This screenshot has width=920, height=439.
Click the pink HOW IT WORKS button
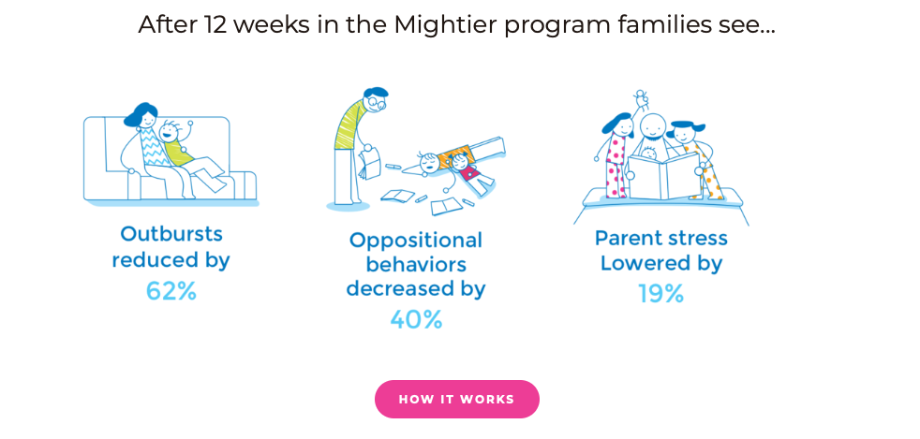click(456, 399)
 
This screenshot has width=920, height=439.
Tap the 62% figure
click(171, 291)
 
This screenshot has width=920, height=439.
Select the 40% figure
click(416, 319)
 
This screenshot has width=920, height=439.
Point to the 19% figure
click(661, 294)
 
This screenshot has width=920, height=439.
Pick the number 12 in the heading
click(216, 24)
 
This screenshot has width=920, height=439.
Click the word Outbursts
click(171, 234)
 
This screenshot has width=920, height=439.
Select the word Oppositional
click(415, 241)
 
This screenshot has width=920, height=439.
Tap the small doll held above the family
click(641, 99)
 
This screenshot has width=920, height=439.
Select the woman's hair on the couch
click(141, 113)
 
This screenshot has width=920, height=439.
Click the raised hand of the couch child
click(189, 124)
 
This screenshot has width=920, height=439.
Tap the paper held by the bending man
click(370, 164)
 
